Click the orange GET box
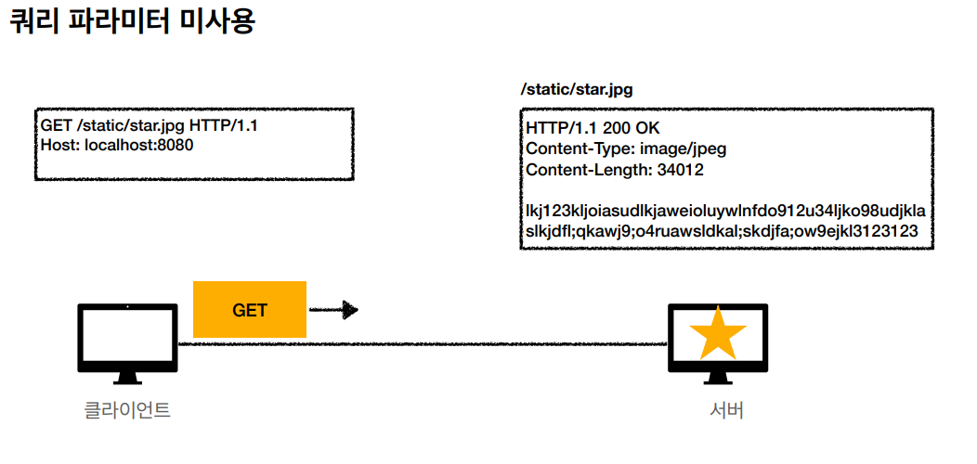[249, 310]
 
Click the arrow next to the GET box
[333, 310]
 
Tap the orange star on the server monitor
[717, 334]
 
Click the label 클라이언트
[127, 409]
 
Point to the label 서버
[725, 410]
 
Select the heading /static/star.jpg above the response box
[577, 90]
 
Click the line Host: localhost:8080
[117, 145]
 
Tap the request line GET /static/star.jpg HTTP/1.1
[149, 125]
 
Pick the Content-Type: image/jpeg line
[626, 148]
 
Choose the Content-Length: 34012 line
[614, 170]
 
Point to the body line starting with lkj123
[724, 211]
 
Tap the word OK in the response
[647, 128]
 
